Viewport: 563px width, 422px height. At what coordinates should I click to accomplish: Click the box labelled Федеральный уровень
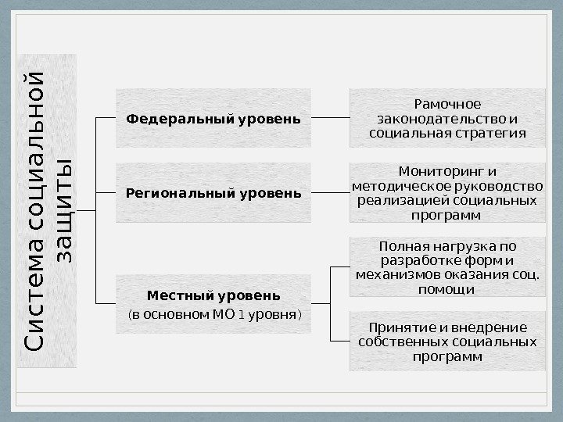[x=213, y=119]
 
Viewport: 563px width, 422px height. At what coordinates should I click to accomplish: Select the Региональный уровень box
[x=213, y=192]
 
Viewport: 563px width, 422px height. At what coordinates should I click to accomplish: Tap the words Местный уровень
[x=213, y=297]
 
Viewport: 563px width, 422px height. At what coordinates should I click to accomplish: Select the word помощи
[x=447, y=290]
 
